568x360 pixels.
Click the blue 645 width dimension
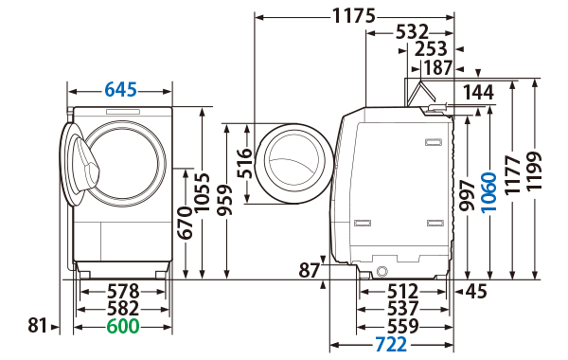(x=120, y=90)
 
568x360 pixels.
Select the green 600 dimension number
(x=122, y=326)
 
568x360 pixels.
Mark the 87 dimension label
(x=310, y=271)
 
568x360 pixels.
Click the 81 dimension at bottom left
(x=37, y=326)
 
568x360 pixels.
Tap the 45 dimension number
(x=475, y=291)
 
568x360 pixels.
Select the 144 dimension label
(x=480, y=92)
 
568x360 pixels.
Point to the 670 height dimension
(x=186, y=223)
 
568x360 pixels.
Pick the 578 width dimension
(x=122, y=291)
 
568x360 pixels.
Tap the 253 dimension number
(x=431, y=49)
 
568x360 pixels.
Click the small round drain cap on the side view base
(x=382, y=271)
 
